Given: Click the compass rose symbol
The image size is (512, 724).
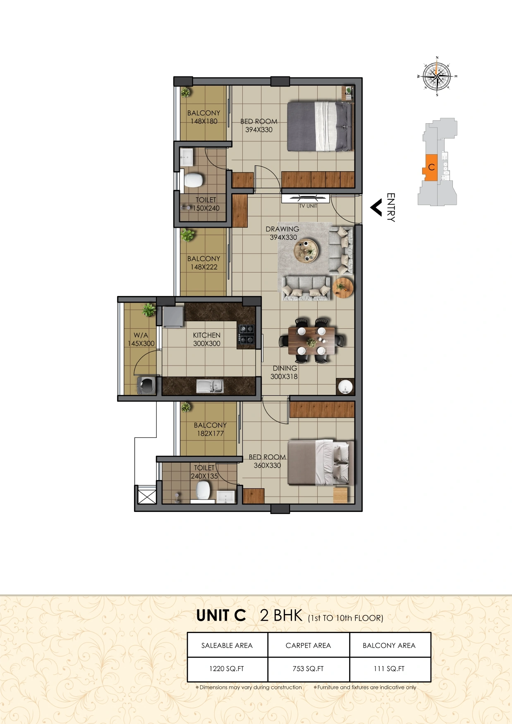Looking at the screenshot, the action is (437, 76).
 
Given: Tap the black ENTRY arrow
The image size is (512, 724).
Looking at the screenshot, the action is (376, 208).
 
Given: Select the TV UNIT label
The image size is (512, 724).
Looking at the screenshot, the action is (308, 206).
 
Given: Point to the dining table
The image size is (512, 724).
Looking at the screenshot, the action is (312, 340).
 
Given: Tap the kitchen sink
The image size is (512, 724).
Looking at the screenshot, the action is (210, 386).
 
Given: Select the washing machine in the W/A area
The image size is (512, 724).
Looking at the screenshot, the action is (146, 385).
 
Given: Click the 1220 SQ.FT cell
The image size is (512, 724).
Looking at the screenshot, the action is (227, 669).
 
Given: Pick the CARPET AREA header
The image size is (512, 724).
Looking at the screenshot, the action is (308, 645).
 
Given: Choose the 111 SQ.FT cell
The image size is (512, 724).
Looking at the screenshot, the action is (389, 669).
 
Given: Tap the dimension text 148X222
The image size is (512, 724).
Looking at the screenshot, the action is (204, 267).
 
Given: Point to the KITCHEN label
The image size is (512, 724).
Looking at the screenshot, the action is (207, 335).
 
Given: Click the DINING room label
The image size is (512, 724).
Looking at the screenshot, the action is (285, 368).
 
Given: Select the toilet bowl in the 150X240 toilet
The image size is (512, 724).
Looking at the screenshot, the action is (193, 180).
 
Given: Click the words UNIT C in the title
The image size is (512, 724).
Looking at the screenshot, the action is (221, 615).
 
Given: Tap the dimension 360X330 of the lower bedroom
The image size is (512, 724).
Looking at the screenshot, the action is (267, 466).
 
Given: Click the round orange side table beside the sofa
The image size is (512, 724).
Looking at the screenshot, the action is (343, 287).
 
